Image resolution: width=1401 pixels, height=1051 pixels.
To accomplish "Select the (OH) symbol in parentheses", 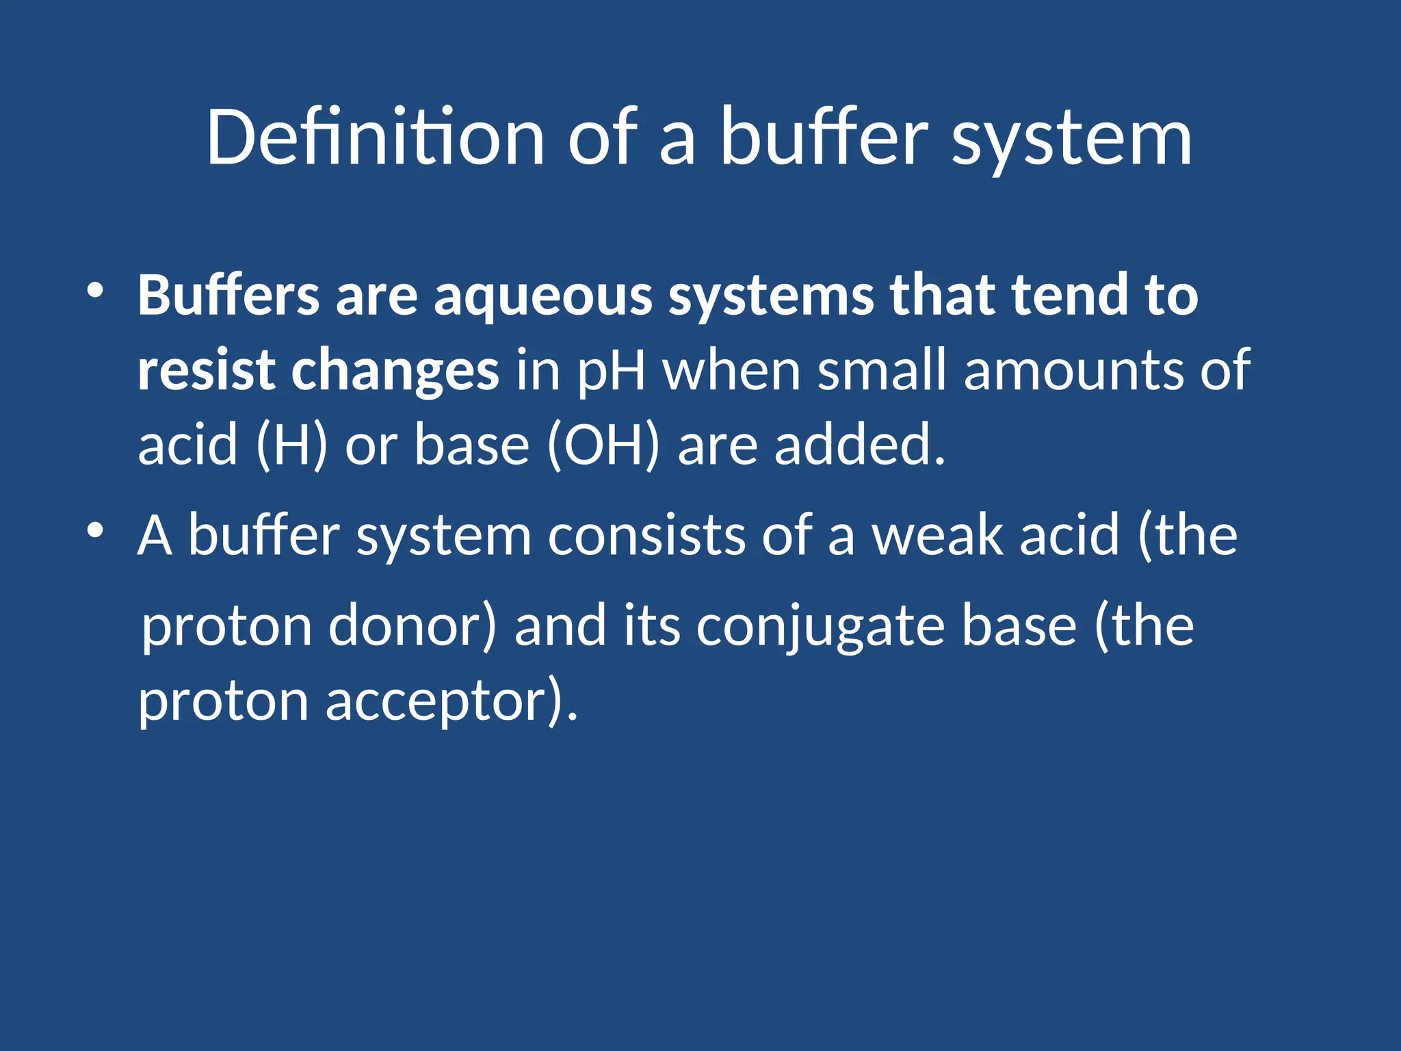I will pyautogui.click(x=604, y=445).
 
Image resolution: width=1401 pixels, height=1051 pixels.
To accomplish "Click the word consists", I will pyautogui.click(x=646, y=535).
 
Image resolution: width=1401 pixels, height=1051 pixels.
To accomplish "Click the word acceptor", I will pyautogui.click(x=451, y=701).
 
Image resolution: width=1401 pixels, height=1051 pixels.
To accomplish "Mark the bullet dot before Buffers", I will pyautogui.click(x=95, y=291).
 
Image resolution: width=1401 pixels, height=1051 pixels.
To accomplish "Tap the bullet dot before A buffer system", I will pyautogui.click(x=95, y=530).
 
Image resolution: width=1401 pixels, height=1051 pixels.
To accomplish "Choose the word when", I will pyautogui.click(x=732, y=370).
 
